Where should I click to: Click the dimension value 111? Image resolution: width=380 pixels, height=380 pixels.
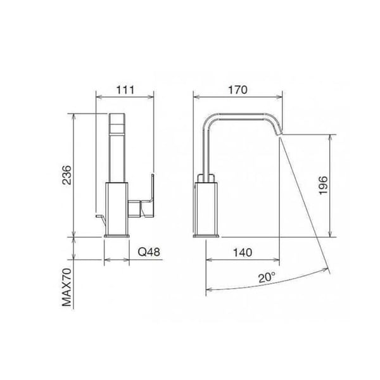pos(125,89)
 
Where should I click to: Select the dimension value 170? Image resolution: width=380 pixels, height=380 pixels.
pos(237,89)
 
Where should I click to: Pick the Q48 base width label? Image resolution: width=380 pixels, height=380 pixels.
pos(149,252)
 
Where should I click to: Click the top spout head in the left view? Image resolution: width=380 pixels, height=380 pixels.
pos(117,127)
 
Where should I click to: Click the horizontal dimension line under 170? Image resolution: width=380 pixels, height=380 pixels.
pos(237,98)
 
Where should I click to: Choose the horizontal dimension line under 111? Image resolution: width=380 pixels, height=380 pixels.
pos(125,98)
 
